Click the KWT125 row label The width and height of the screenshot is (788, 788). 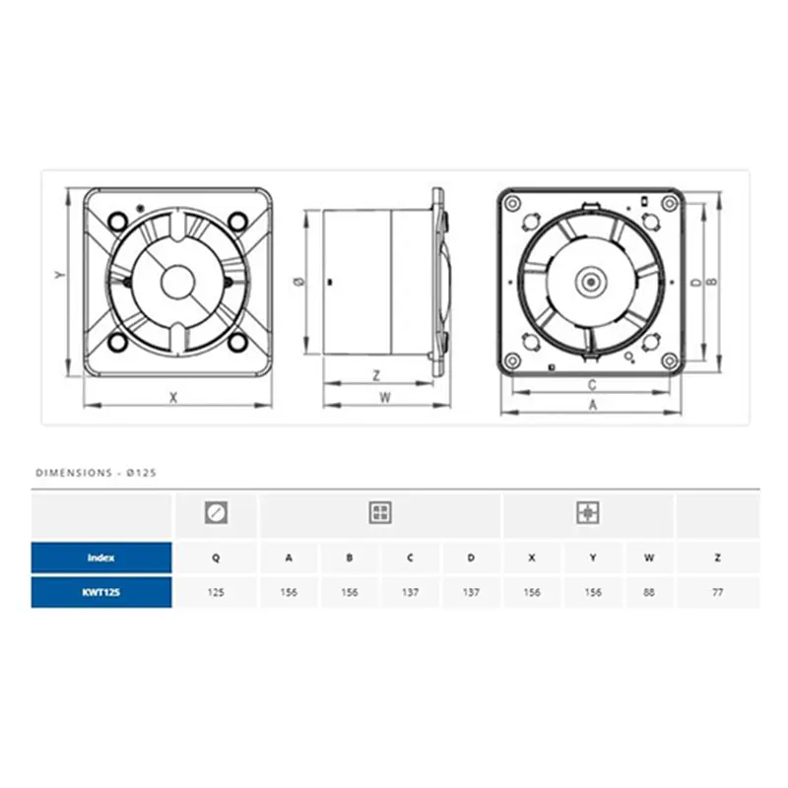(101, 592)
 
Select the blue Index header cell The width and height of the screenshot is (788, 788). (101, 558)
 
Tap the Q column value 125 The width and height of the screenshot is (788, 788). (216, 593)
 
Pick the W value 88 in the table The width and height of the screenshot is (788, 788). (649, 593)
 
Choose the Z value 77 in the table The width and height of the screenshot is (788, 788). (718, 593)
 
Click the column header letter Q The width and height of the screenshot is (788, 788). (216, 558)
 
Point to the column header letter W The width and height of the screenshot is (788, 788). (649, 558)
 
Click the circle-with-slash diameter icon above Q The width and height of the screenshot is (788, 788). (216, 512)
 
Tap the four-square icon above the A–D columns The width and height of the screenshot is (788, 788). (380, 512)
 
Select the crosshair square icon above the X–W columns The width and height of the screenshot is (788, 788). (588, 512)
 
